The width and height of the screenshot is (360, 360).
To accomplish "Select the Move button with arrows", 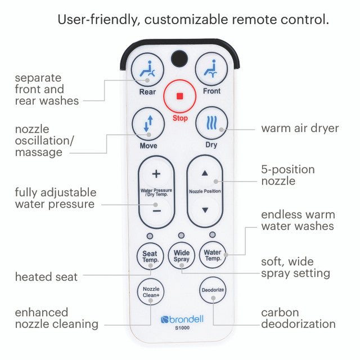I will coord(148,124).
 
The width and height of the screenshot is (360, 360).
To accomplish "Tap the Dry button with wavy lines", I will coord(211,124).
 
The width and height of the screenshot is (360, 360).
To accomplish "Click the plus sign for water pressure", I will coord(156,174).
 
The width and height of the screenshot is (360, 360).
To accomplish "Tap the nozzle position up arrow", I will coord(205,174).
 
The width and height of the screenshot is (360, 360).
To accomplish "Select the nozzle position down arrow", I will coord(205,210).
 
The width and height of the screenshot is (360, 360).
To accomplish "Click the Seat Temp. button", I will coord(150,256).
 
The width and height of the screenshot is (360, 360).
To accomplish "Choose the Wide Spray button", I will coord(181,256).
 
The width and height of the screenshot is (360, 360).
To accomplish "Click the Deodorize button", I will coord(213,291).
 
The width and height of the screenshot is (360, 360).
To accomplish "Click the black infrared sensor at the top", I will coord(179,58).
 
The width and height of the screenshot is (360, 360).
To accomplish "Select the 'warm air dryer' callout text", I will coord(300,128).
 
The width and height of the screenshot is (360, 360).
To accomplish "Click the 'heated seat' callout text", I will coord(46,277).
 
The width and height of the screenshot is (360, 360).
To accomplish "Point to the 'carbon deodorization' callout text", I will coord(298,318).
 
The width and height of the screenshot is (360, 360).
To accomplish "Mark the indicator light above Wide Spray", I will coord(181,235).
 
